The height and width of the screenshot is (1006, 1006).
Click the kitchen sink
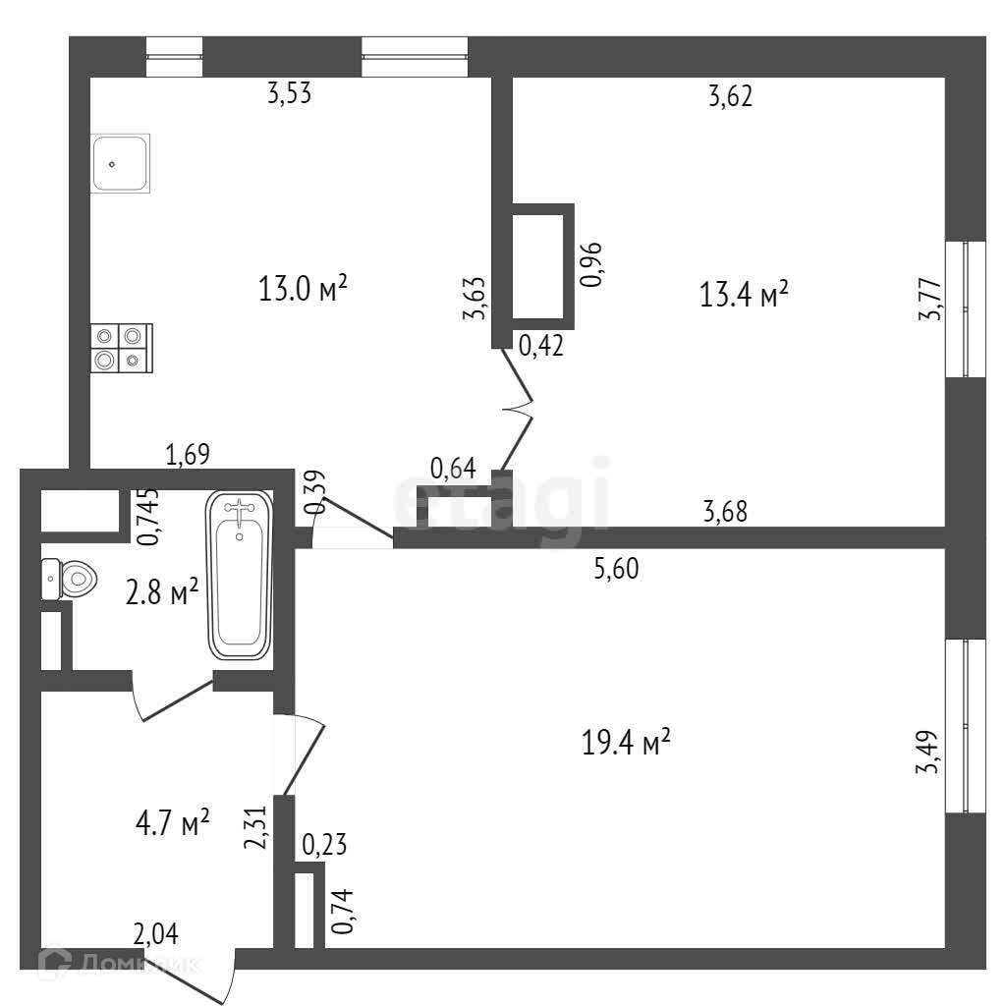(x=121, y=163)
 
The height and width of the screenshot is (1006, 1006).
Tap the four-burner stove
(x=120, y=349)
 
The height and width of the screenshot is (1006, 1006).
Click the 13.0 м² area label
(x=304, y=289)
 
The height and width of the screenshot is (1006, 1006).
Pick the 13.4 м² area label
(x=745, y=294)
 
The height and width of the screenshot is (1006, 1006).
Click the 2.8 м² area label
(x=162, y=592)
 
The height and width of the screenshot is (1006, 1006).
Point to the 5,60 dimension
(x=617, y=569)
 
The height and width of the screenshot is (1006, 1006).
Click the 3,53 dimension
(x=297, y=94)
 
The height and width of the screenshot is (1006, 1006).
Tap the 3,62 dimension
(x=730, y=95)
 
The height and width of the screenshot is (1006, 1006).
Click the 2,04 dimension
(x=157, y=933)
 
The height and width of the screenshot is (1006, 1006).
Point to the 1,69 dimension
(x=188, y=454)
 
